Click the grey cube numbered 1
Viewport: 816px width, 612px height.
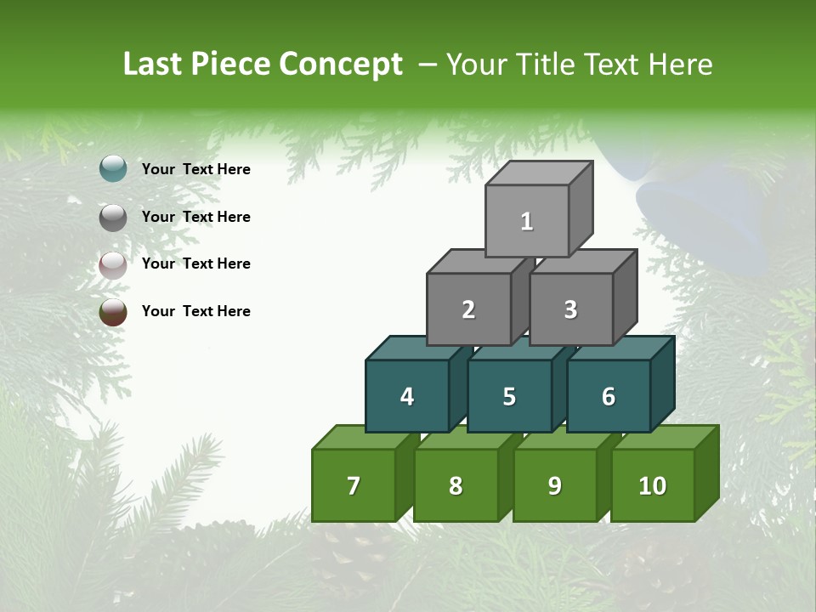pos(527,221)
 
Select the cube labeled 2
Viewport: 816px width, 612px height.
pos(468,309)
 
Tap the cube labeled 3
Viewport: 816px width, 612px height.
pos(570,309)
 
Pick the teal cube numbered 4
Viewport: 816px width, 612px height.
pos(407,396)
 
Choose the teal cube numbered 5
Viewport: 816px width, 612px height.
pos(509,396)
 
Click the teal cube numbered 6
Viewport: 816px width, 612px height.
pos(609,396)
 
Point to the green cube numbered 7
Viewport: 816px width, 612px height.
pos(354,485)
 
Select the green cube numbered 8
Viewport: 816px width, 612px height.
pos(456,485)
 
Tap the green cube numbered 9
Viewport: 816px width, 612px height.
pos(554,485)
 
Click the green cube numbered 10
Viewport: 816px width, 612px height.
pos(653,485)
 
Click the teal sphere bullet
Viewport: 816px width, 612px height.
pos(113,169)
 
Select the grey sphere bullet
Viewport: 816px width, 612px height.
pos(113,218)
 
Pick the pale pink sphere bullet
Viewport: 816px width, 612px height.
pos(113,265)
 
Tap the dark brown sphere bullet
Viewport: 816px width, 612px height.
pos(113,312)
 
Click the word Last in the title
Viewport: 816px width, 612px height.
pos(153,64)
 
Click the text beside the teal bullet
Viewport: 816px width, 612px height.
pos(196,169)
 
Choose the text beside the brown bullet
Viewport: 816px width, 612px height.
pos(196,311)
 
